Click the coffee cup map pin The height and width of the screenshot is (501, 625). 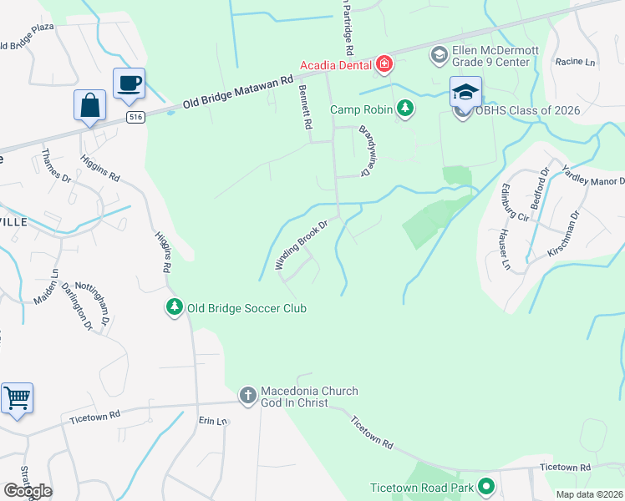coord(129,83)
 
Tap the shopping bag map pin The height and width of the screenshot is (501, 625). coord(89,106)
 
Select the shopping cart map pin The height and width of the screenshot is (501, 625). coord(17,397)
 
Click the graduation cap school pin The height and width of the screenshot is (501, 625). coord(465,91)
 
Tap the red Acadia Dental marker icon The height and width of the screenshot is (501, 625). coord(384,63)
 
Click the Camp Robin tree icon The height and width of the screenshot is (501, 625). coord(404,109)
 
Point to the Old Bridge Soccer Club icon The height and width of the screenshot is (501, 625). coord(174,308)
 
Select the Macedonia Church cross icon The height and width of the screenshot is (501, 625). coord(247,394)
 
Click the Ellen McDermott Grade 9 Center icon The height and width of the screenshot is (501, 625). coord(439,55)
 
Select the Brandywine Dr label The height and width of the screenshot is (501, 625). coord(365,150)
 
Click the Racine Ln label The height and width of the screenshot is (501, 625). coord(575,62)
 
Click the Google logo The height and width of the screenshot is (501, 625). coord(28,491)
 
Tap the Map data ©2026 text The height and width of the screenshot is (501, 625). coord(588,494)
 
